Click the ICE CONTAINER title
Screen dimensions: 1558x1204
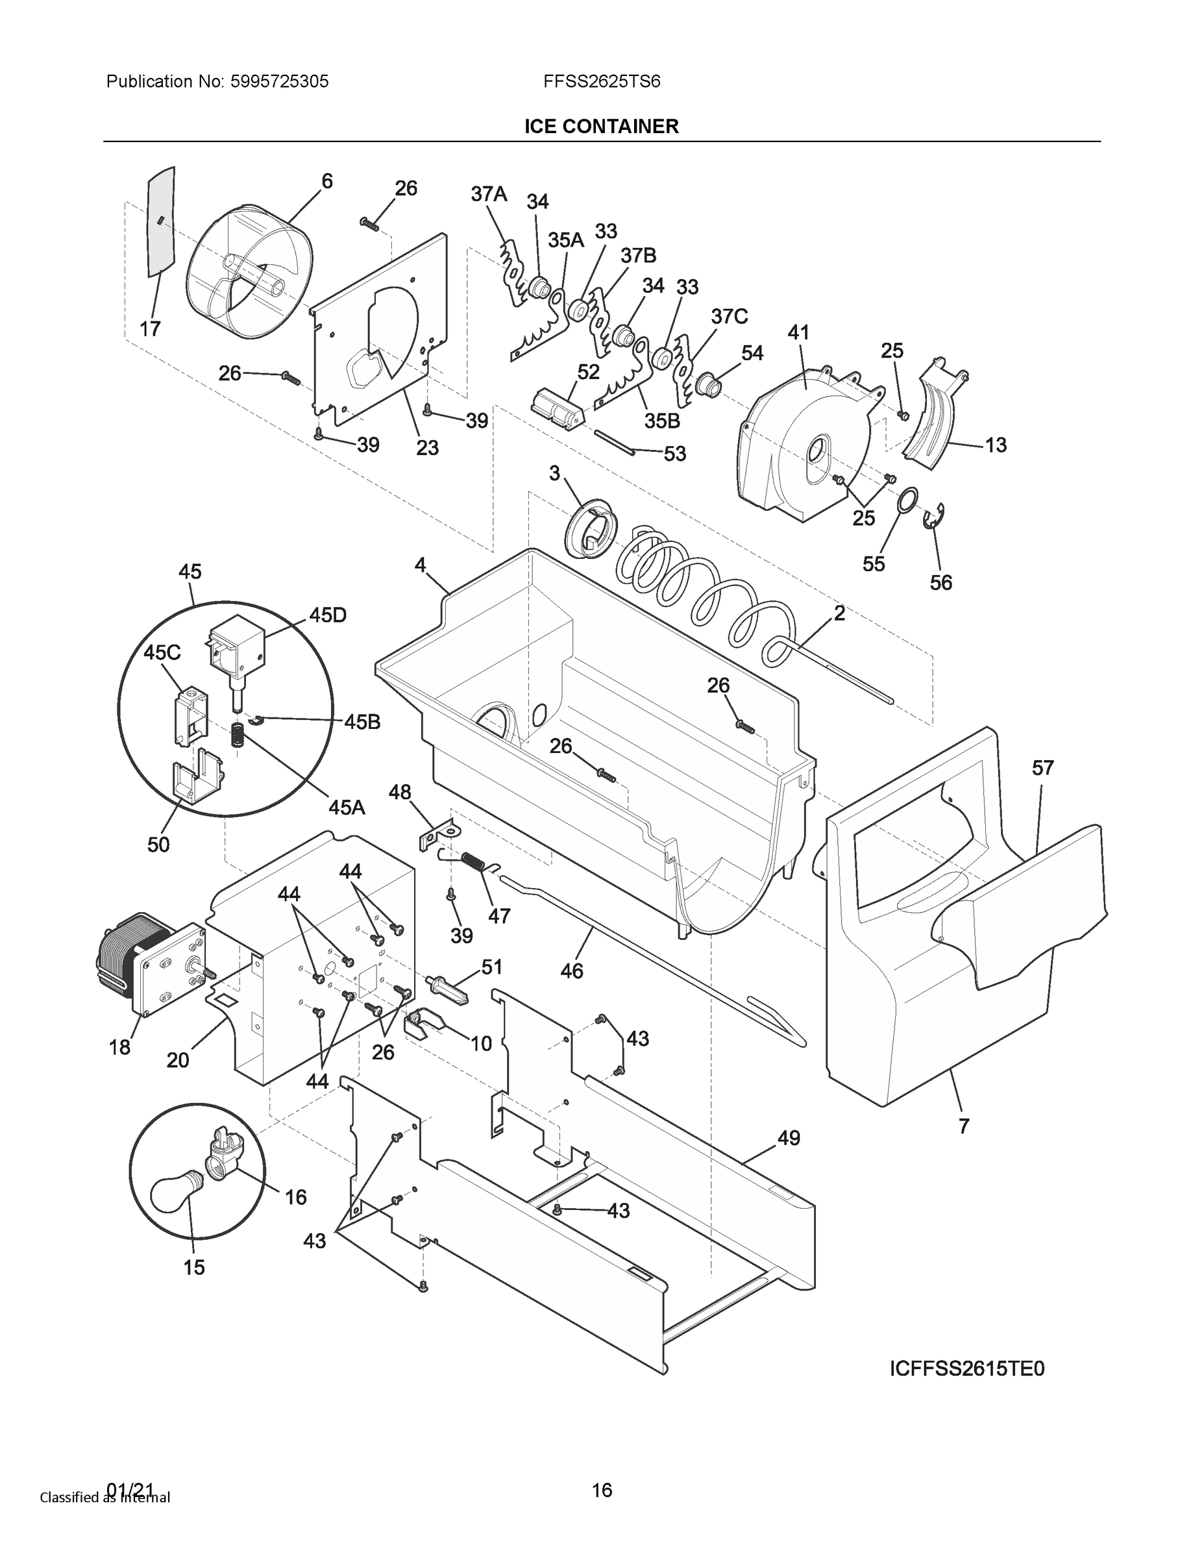coord(601,127)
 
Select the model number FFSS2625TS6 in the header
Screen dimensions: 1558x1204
coord(601,81)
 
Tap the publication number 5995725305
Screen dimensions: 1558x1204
coord(278,81)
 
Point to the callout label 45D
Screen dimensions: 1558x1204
coord(327,615)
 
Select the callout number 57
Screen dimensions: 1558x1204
coord(1043,769)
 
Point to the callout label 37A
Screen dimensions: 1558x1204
coord(489,193)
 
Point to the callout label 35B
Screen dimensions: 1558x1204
coord(662,421)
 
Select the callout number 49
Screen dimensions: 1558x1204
coord(788,1138)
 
